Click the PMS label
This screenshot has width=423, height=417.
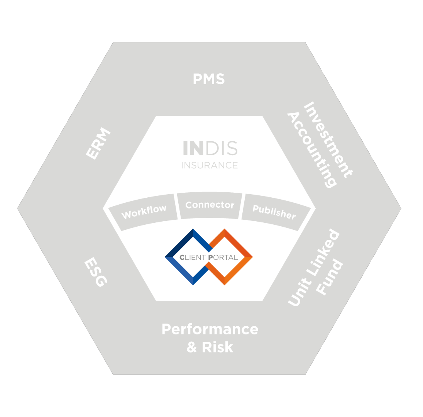coord(208,79)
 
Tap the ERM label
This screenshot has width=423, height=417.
coord(98,144)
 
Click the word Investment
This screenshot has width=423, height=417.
coord(328,140)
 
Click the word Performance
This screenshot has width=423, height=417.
coord(210,329)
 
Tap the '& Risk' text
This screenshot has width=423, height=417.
coord(210,347)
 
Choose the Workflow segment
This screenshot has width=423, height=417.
coord(144,212)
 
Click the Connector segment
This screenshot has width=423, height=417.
coord(210,205)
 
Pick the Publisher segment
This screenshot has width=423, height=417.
coord(274,212)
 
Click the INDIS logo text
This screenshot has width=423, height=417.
coord(210,148)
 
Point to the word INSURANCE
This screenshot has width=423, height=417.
coord(210,165)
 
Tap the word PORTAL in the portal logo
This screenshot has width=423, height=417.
coord(223,257)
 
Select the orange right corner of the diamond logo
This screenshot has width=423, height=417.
coord(249,257)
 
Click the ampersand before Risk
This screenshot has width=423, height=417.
coord(192,347)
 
